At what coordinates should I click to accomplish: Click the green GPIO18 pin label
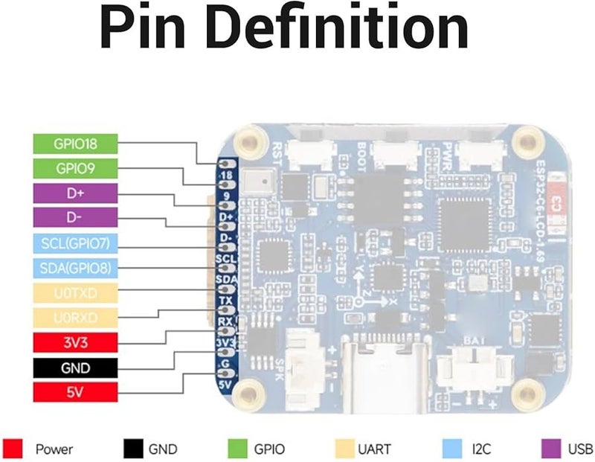[x=74, y=143]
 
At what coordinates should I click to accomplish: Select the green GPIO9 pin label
[x=74, y=168]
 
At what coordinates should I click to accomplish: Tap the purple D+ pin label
[x=74, y=193]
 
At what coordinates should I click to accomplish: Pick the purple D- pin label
[x=74, y=218]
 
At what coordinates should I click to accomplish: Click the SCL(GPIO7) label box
[x=74, y=243]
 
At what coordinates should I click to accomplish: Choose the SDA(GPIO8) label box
[x=74, y=268]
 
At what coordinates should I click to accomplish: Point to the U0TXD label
[x=74, y=293]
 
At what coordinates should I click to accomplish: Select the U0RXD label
[x=74, y=318]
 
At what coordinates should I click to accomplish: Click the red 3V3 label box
[x=74, y=343]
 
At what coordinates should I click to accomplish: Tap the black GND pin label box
[x=74, y=368]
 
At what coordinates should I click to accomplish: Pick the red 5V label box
[x=74, y=393]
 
